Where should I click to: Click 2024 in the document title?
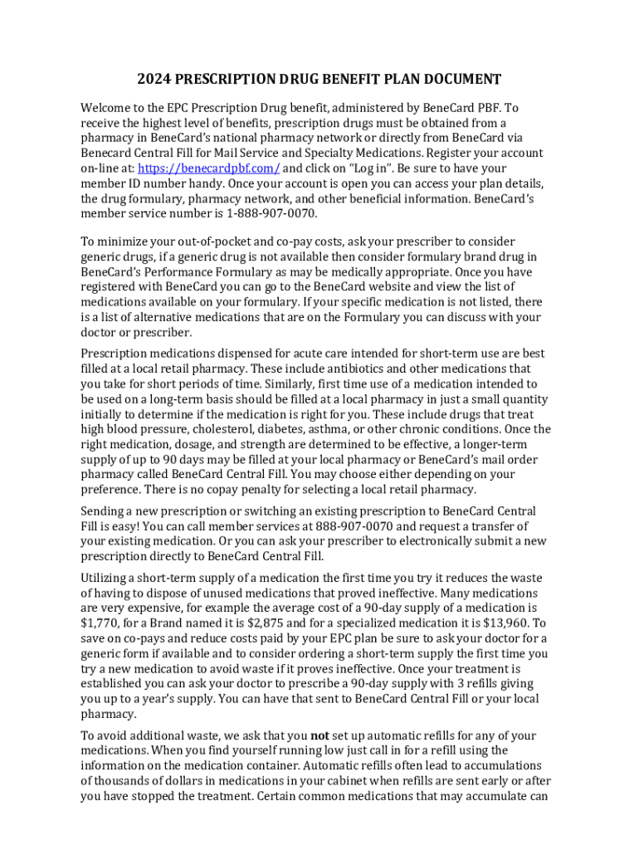tap(153, 80)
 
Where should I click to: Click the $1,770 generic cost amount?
tap(99, 623)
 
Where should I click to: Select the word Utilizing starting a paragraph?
tap(107, 578)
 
